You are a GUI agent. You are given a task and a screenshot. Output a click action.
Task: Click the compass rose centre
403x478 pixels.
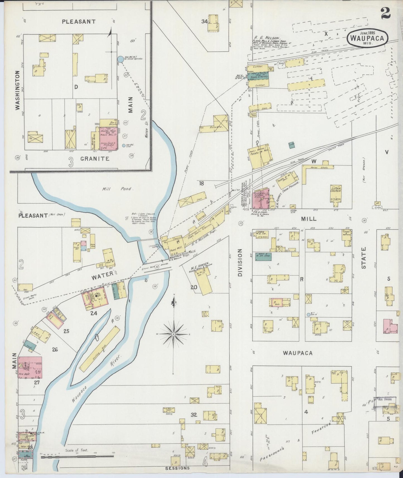pos(173,334)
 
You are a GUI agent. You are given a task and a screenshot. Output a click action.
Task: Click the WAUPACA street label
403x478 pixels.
pos(298,353)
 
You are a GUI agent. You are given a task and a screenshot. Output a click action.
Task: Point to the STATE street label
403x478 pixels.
pos(364,258)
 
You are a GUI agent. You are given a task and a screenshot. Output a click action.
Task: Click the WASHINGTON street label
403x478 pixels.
pos(18,91)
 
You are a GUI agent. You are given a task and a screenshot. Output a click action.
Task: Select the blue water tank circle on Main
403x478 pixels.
pos(120,59)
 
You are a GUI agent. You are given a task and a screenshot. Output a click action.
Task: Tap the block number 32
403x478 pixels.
pos(194,415)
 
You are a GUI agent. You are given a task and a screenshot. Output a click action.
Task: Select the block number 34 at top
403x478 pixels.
pos(204,21)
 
